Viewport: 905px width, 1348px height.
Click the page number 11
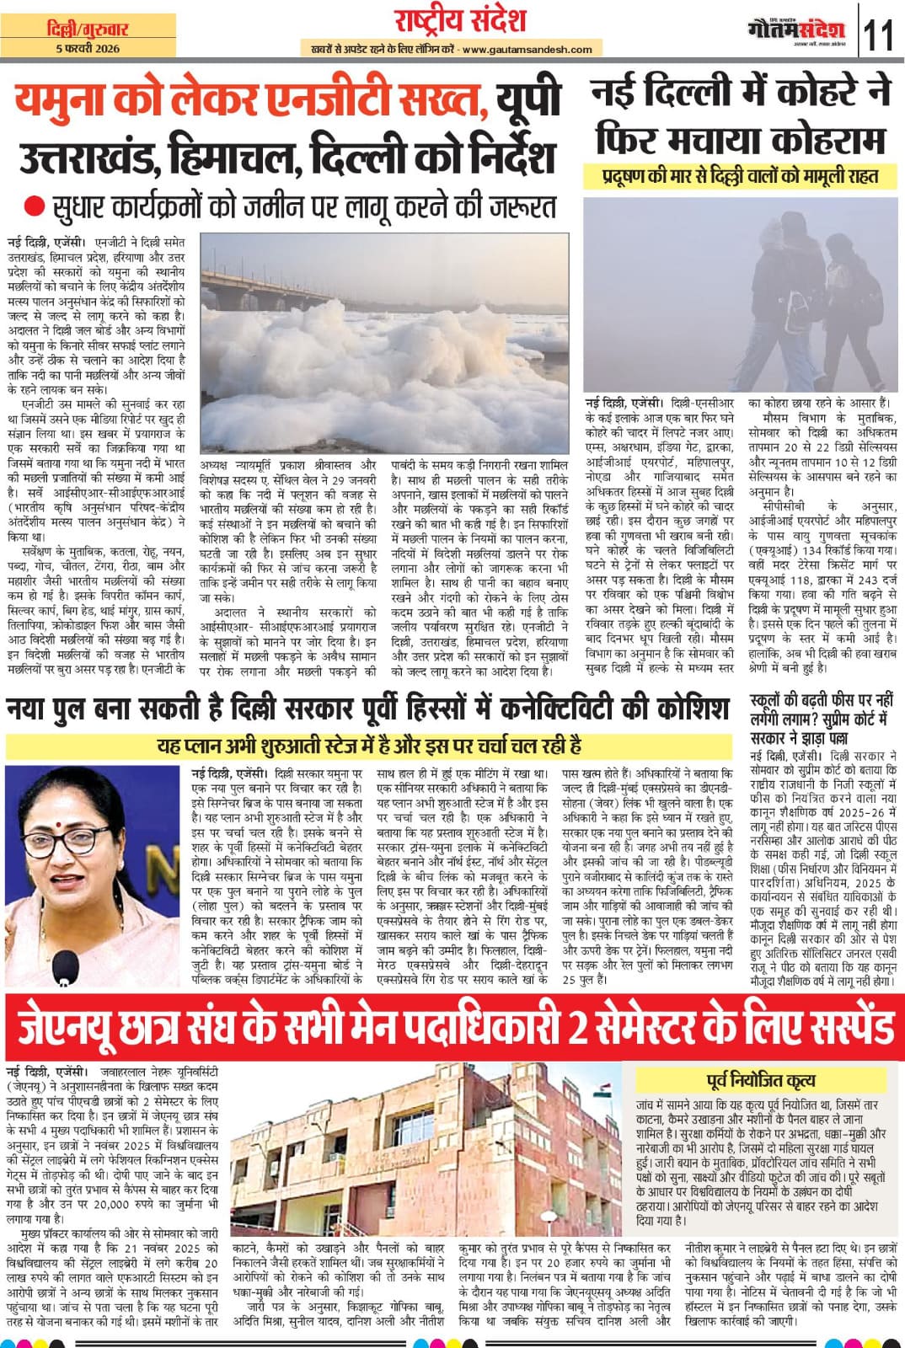[x=879, y=36]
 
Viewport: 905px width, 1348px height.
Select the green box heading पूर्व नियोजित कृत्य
[x=760, y=1079]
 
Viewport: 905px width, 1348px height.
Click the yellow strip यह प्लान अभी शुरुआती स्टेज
[x=369, y=746]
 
